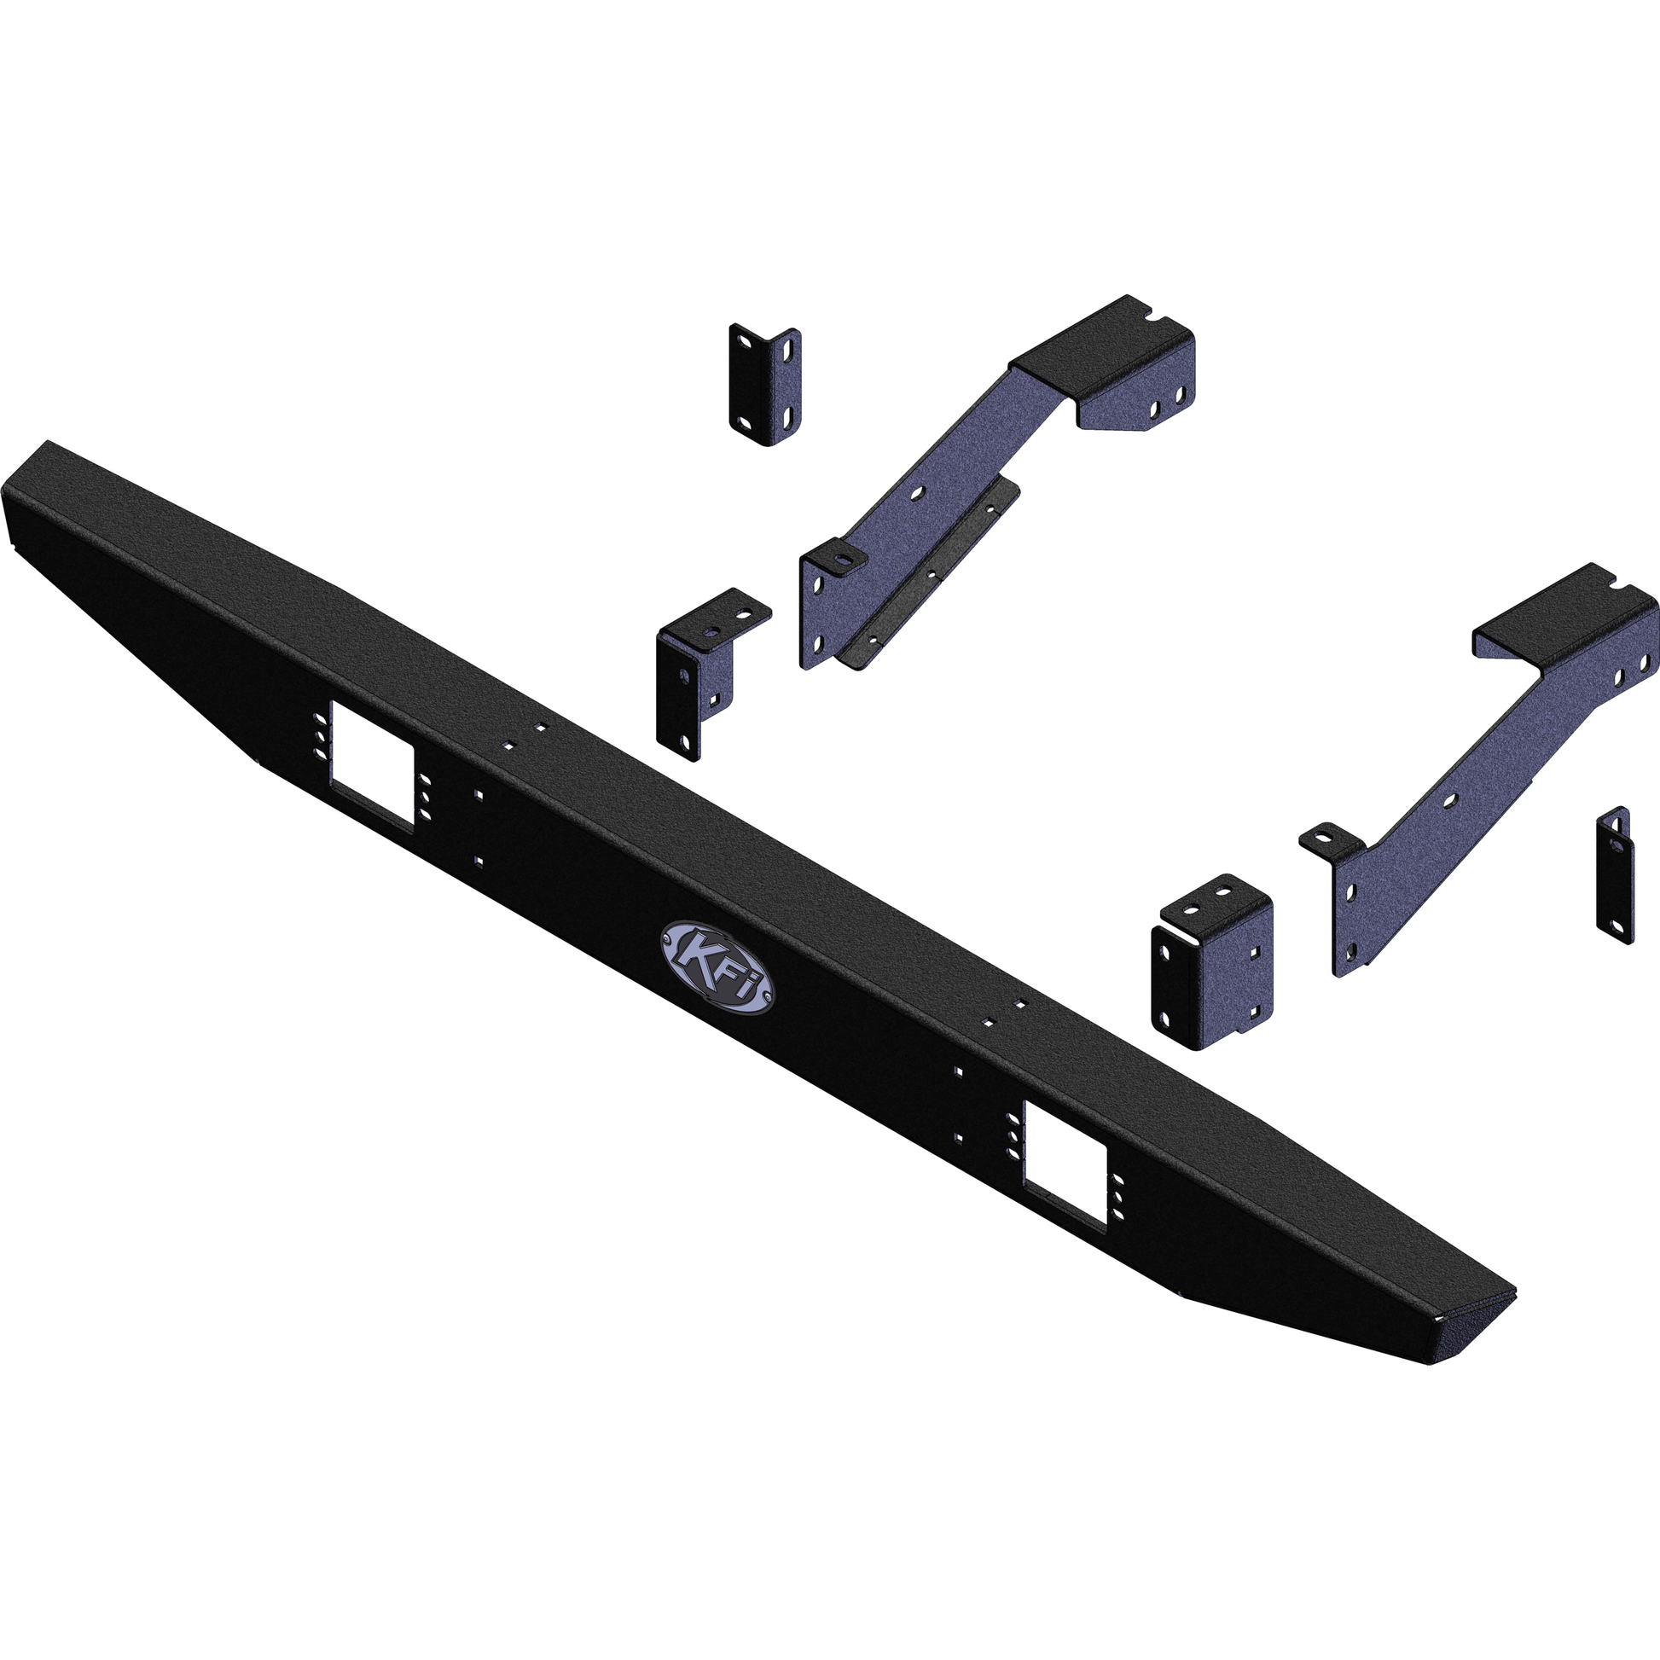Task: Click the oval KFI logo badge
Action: (717, 968)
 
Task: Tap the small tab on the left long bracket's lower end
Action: (842, 556)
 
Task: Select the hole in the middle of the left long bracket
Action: (919, 494)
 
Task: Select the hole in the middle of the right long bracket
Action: (1449, 801)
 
